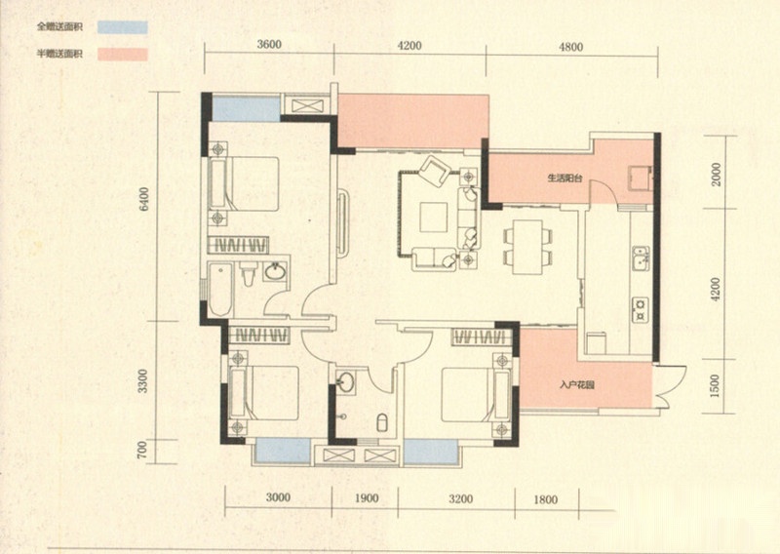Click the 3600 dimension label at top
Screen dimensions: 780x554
269,45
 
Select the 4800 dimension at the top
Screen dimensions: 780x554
570,47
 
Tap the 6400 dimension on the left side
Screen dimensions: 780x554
144,199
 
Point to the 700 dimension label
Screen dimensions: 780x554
142,452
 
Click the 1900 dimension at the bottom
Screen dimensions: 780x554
367,498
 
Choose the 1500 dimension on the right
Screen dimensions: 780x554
716,386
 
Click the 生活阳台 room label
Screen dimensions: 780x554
565,178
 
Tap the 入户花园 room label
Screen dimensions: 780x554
576,384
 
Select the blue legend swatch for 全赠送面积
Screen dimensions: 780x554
123,27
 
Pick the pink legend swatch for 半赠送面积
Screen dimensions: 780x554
123,55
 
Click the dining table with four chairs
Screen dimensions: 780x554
527,247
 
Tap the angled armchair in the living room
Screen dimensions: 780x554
434,171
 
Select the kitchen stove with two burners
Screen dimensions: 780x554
641,309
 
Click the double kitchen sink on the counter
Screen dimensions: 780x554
641,258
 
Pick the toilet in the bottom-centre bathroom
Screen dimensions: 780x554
382,422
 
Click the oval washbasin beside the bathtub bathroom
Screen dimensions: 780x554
275,272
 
